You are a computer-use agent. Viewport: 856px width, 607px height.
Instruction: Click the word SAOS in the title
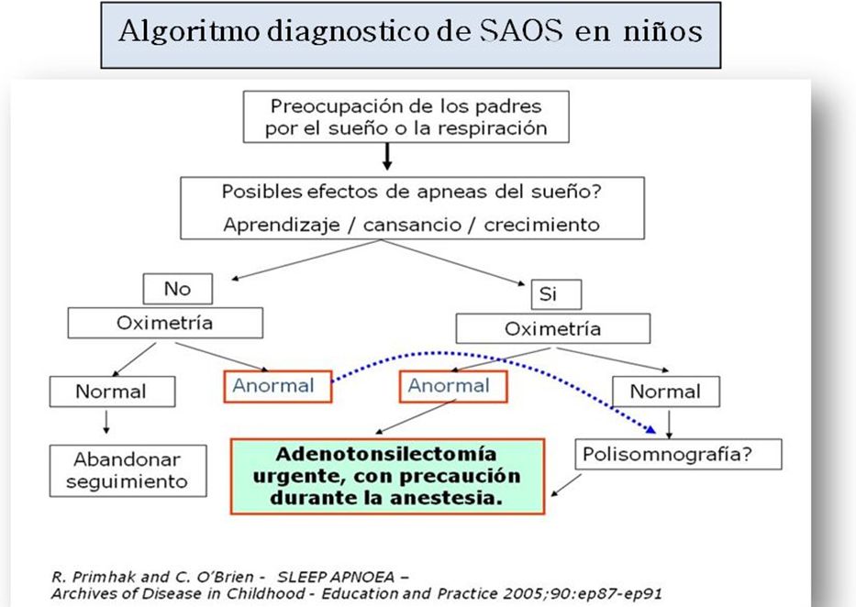pos(521,30)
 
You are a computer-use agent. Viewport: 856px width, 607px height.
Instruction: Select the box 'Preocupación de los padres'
pos(406,116)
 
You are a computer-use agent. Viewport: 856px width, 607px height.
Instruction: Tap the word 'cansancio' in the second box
pos(412,225)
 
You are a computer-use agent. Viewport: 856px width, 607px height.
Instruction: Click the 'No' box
pos(177,289)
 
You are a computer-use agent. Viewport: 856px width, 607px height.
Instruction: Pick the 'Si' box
pos(556,294)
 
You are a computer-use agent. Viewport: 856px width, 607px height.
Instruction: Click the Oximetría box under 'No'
pos(165,323)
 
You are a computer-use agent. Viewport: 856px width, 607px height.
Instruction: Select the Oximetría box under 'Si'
pos(553,328)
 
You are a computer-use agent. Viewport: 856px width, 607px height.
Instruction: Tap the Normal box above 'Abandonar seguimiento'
pos(112,391)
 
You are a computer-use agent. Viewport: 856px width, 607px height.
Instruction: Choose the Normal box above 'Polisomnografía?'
pos(665,391)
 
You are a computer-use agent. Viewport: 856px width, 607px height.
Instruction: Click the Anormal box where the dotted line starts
pos(277,386)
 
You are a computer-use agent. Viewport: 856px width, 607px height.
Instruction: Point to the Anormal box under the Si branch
pos(453,386)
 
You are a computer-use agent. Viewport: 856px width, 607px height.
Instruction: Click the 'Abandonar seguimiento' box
pos(128,470)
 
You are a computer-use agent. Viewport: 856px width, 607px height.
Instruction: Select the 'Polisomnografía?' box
pos(678,454)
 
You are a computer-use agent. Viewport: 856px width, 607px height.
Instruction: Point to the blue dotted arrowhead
pos(650,429)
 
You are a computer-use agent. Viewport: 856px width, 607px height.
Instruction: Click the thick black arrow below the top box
pos(387,157)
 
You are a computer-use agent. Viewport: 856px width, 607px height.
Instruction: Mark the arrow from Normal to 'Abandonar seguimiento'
pos(106,422)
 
